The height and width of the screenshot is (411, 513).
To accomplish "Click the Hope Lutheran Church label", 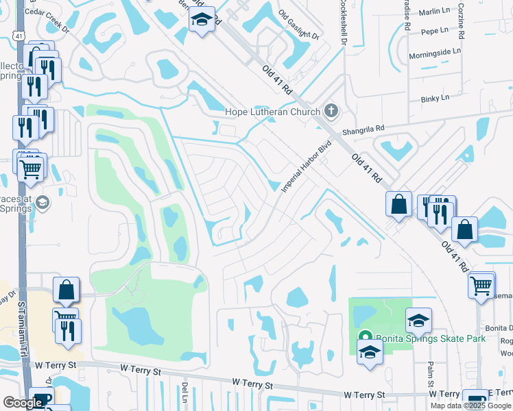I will pyautogui.click(x=273, y=112).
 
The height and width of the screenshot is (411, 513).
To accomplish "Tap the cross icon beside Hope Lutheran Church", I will pyautogui.click(x=331, y=111).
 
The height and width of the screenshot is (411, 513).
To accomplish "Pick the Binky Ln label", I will pyautogui.click(x=436, y=98).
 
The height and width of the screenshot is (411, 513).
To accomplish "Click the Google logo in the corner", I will pyautogui.click(x=23, y=403).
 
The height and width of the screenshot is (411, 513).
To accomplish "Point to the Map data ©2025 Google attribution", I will pyautogui.click(x=470, y=406).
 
